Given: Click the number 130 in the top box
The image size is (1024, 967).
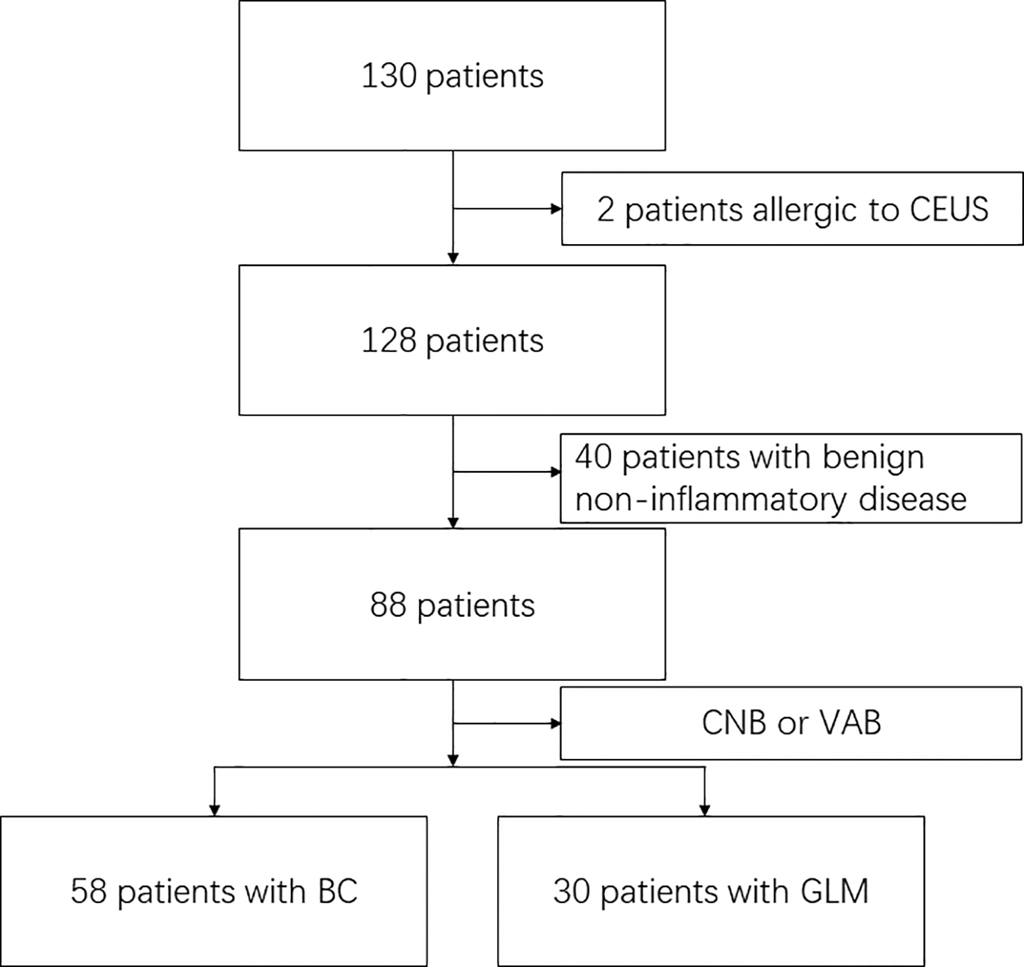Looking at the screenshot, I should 389,76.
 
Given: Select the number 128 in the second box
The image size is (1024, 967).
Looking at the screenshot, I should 389,341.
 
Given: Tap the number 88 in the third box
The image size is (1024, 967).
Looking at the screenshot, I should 388,606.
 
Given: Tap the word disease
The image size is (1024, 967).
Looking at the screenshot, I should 912,499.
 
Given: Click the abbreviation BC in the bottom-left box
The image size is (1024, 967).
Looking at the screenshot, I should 338,892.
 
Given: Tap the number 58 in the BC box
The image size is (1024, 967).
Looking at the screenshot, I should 89,892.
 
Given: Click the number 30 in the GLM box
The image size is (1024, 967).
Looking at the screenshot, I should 571,892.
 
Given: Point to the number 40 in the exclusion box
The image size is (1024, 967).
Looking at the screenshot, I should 593,458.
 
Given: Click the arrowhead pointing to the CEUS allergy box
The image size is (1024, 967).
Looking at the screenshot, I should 556,209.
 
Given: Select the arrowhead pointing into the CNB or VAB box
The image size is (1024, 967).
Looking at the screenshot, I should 555,724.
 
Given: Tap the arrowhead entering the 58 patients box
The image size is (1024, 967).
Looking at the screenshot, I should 214,810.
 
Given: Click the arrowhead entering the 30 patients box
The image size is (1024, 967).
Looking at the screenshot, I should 704,810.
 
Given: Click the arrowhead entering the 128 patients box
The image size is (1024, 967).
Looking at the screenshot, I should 453,259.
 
